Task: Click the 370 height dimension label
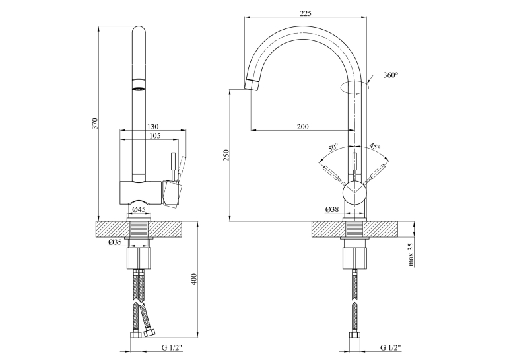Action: point(94,124)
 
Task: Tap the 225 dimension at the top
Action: point(306,13)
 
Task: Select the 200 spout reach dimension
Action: point(302,126)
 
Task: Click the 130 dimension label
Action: point(152,127)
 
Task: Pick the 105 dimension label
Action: point(154,135)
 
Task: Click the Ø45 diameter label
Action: point(139,209)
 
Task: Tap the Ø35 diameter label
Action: point(115,242)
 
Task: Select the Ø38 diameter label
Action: point(332,209)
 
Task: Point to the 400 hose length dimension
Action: point(193,279)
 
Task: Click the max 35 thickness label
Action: point(411,254)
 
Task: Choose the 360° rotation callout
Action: point(390,75)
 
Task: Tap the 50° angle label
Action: point(333,147)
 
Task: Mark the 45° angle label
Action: point(374,146)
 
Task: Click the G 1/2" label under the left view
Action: point(172,347)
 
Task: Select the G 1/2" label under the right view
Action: point(391,347)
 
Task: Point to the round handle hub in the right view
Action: point(354,192)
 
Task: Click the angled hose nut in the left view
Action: point(149,332)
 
